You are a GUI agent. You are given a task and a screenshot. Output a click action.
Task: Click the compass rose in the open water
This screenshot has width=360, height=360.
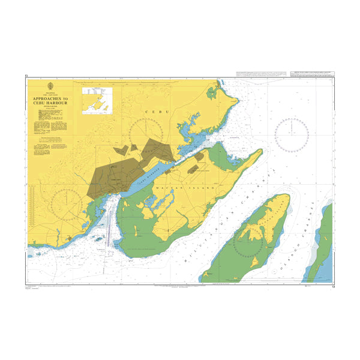click(x=292, y=133)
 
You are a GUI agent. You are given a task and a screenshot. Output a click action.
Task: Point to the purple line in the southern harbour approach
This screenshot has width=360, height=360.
click(x=108, y=228)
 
